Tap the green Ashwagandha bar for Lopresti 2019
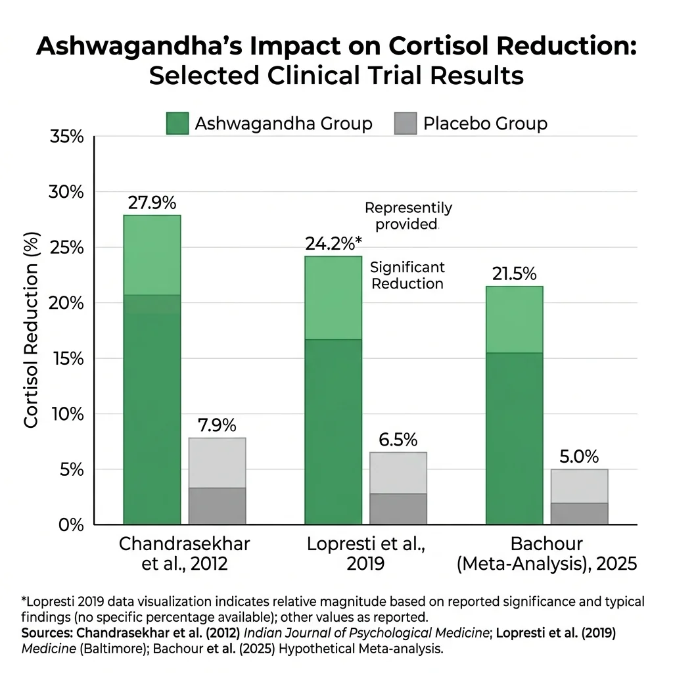(333, 390)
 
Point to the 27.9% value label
(152, 203)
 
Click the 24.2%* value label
(333, 244)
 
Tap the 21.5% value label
(514, 274)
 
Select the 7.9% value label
(217, 426)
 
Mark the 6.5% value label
(398, 440)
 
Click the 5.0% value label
(579, 457)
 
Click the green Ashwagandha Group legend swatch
(177, 124)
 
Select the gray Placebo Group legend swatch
(406, 124)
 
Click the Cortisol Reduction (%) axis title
(32, 331)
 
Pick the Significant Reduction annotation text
(407, 275)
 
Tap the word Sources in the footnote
(47, 634)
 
